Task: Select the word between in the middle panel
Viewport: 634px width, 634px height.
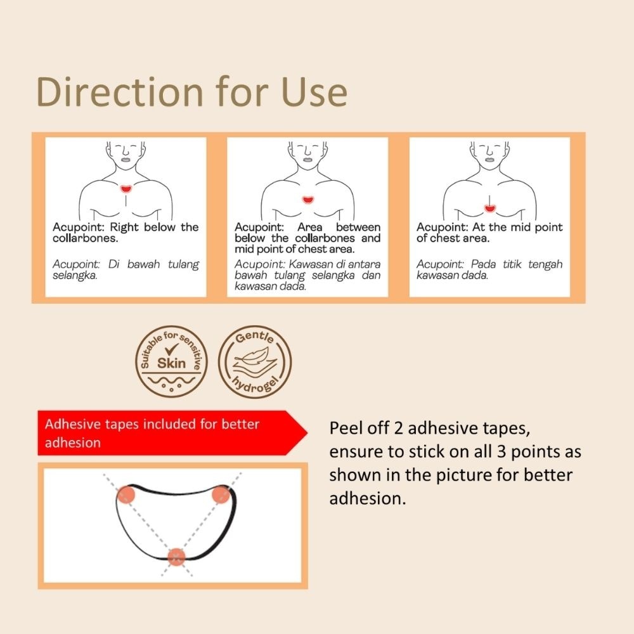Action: [358, 227]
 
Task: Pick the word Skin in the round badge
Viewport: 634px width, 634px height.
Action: [171, 363]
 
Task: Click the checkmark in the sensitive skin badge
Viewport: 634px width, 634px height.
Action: [171, 349]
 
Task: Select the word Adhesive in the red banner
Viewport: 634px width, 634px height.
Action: [68, 424]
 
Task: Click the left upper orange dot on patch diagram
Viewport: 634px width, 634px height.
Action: [126, 494]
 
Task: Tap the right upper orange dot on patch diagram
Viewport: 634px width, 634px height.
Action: [220, 494]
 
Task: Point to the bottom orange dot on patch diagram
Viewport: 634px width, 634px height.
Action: [176, 557]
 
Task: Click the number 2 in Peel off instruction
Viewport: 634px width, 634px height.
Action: [398, 429]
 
